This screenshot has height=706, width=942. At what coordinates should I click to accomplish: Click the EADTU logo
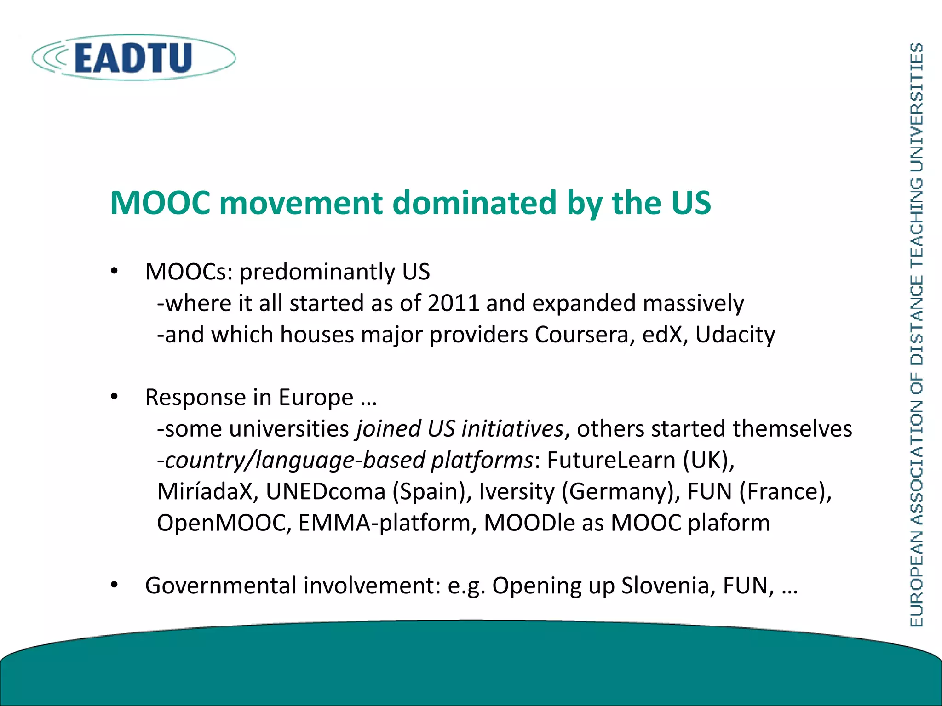click(x=133, y=58)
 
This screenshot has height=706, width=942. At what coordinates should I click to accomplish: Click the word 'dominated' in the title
click(x=474, y=203)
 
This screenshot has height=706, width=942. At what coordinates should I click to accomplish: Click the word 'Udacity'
click(x=735, y=335)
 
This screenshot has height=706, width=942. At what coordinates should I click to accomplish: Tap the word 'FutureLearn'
click(x=611, y=460)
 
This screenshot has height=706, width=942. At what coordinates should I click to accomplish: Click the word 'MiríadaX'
click(x=205, y=491)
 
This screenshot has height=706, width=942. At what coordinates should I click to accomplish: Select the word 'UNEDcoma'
click(x=326, y=491)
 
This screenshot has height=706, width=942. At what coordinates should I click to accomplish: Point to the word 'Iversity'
click(x=517, y=491)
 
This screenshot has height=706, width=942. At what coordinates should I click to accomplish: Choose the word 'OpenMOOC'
click(x=224, y=523)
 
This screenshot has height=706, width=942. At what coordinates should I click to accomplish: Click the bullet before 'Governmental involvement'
click(x=115, y=585)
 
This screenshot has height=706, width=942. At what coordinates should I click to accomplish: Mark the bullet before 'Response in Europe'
click(x=115, y=397)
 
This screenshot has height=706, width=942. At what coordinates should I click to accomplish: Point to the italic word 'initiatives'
click(x=512, y=429)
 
